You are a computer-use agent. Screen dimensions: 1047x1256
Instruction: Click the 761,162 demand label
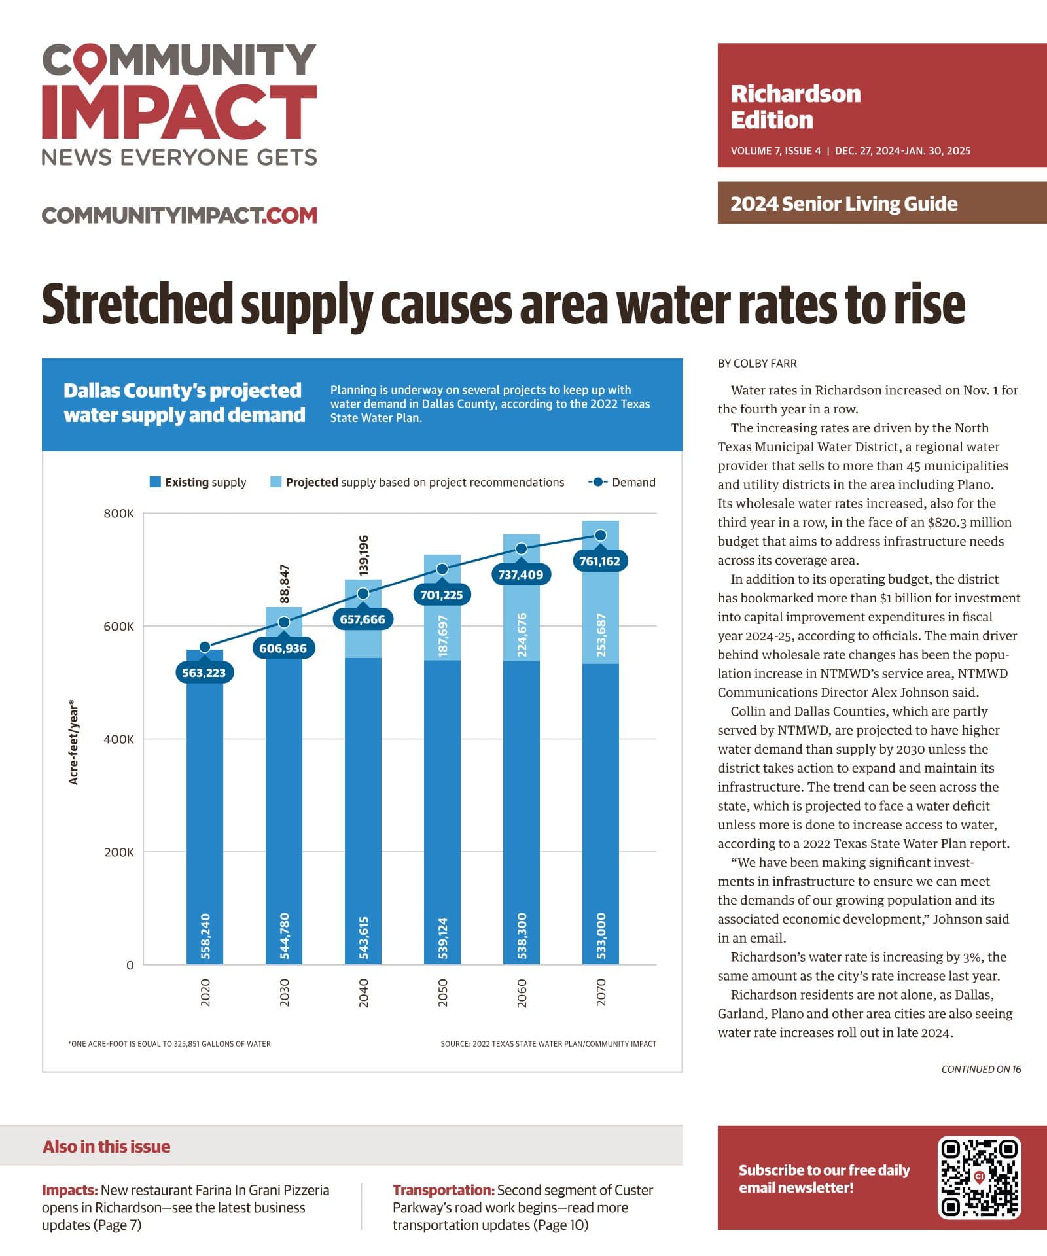coord(600,561)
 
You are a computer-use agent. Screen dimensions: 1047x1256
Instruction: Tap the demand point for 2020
coord(205,647)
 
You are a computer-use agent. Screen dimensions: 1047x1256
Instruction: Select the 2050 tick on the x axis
coord(442,992)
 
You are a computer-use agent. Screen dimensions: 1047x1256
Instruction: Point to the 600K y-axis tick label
coord(118,626)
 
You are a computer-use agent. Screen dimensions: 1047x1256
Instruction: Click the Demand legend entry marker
coord(597,482)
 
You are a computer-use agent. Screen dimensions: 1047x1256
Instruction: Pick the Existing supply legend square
coord(155,482)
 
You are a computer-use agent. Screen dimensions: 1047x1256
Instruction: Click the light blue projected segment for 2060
coord(522,597)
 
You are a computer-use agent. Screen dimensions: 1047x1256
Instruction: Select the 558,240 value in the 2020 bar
coord(205,936)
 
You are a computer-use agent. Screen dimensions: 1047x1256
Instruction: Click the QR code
coord(980,1177)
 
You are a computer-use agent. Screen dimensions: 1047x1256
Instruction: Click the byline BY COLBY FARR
coord(757,364)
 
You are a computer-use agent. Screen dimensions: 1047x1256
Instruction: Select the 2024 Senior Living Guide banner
coord(882,203)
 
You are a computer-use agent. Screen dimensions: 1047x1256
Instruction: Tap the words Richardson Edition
coord(796,107)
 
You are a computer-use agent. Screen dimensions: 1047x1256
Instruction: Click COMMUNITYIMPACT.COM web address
coord(179,215)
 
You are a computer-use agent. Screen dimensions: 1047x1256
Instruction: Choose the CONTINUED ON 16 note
coord(981,1069)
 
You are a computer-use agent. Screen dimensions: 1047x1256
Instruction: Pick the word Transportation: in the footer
coord(444,1190)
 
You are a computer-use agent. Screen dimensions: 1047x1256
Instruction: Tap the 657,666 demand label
coord(363,619)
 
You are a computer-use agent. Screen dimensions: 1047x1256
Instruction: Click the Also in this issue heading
coord(107,1146)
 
